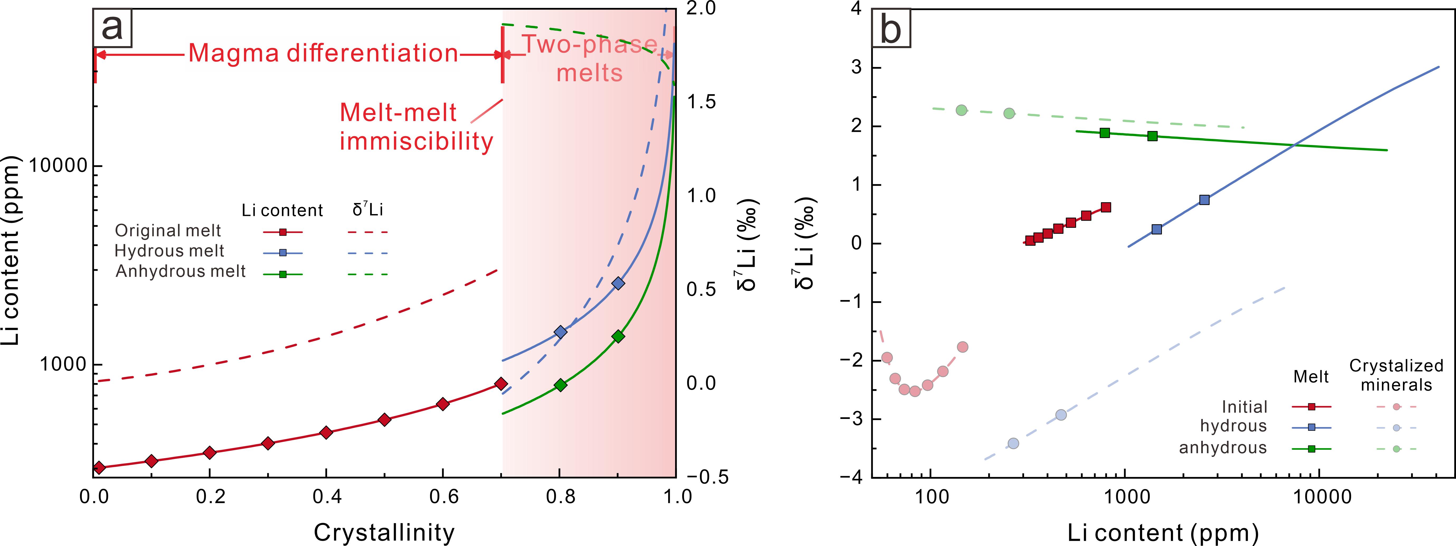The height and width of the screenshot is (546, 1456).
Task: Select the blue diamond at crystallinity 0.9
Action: [x=618, y=283]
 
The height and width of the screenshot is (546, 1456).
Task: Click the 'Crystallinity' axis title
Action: [x=384, y=532]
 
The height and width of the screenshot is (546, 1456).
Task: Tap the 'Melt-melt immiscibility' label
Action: [x=416, y=127]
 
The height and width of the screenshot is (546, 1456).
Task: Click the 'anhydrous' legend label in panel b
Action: [x=1223, y=448]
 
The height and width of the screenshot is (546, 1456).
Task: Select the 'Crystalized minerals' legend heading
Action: [x=1396, y=375]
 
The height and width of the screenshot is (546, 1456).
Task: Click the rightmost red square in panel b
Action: [x=1106, y=207]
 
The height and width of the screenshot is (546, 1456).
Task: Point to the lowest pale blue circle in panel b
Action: [x=1014, y=443]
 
